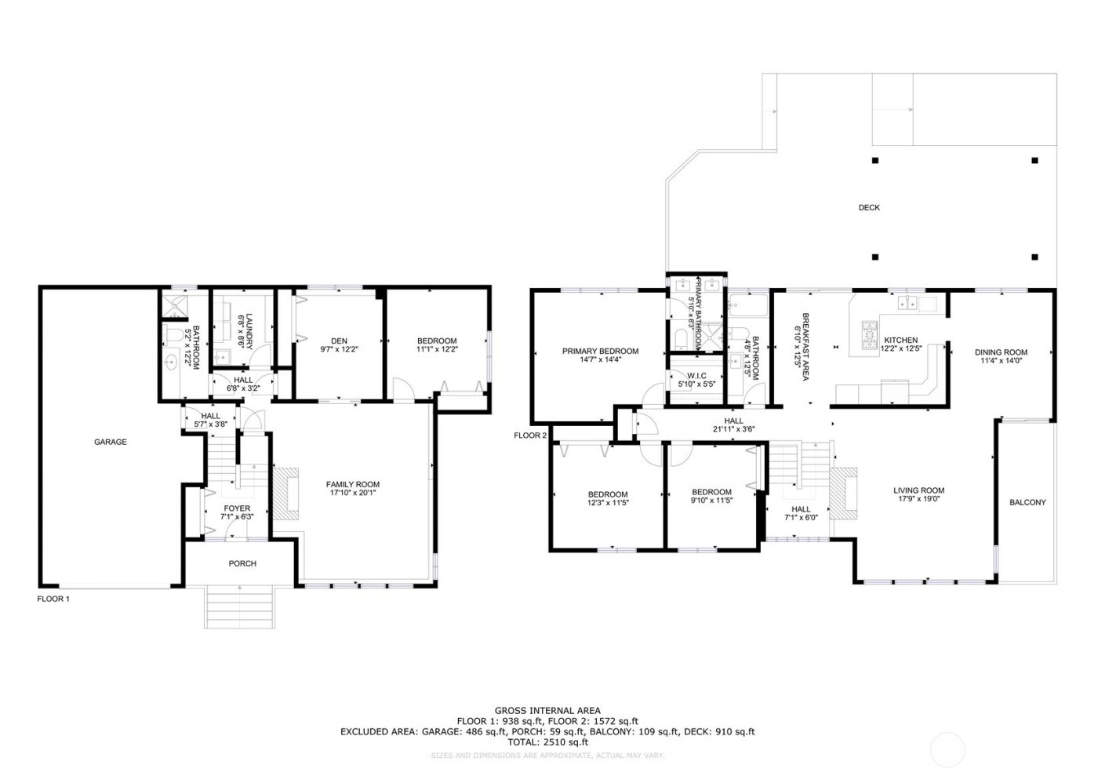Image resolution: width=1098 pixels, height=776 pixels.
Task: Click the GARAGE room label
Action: click(x=111, y=443)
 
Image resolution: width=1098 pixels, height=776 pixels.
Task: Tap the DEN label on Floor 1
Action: click(x=339, y=341)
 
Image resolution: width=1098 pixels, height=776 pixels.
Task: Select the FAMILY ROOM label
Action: click(x=353, y=484)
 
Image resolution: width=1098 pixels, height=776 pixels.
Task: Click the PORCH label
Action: click(x=242, y=563)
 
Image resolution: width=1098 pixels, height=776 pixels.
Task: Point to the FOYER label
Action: click(x=237, y=508)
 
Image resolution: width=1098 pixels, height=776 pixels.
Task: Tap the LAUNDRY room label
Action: click(x=249, y=331)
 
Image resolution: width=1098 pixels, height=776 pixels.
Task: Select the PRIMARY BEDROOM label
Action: click(x=600, y=352)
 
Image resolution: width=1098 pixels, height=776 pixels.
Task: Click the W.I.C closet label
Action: click(x=697, y=376)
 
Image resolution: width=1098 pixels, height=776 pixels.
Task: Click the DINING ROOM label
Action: click(x=1001, y=352)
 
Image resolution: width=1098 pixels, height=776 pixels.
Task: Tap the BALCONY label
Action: click(x=1027, y=503)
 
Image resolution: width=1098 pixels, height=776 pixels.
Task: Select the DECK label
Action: click(x=869, y=208)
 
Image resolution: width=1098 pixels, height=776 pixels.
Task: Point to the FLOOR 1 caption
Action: click(x=53, y=599)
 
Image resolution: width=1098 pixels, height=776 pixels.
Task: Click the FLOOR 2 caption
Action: click(x=530, y=435)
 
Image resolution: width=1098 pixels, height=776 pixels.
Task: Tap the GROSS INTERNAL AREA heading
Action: click(x=547, y=711)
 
